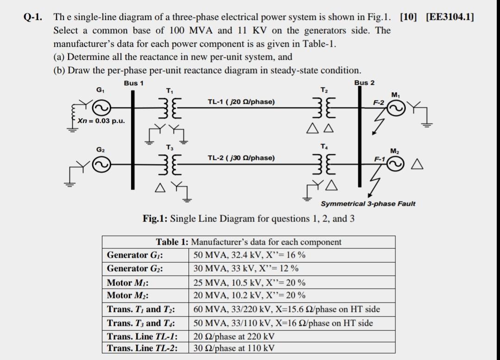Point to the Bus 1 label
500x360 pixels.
134,83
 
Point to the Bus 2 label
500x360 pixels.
364,82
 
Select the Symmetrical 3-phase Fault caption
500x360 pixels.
369,203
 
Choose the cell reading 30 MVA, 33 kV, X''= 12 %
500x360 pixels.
246,268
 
